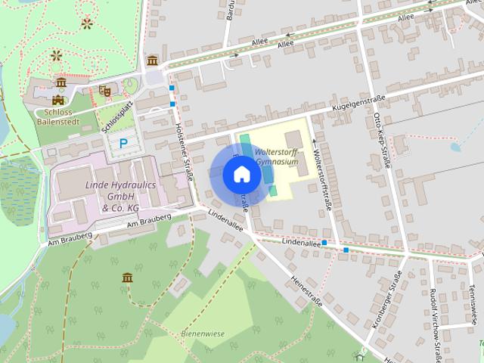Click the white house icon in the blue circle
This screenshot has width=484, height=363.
pyautogui.click(x=240, y=175)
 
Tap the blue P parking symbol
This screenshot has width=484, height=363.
pyautogui.click(x=123, y=142)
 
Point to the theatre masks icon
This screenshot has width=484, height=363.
pyautogui.click(x=104, y=91)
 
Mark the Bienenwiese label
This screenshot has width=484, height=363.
pyautogui.click(x=203, y=333)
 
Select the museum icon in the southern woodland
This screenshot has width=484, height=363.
pyautogui.click(x=127, y=278)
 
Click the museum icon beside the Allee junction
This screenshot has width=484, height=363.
pyautogui.click(x=153, y=60)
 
